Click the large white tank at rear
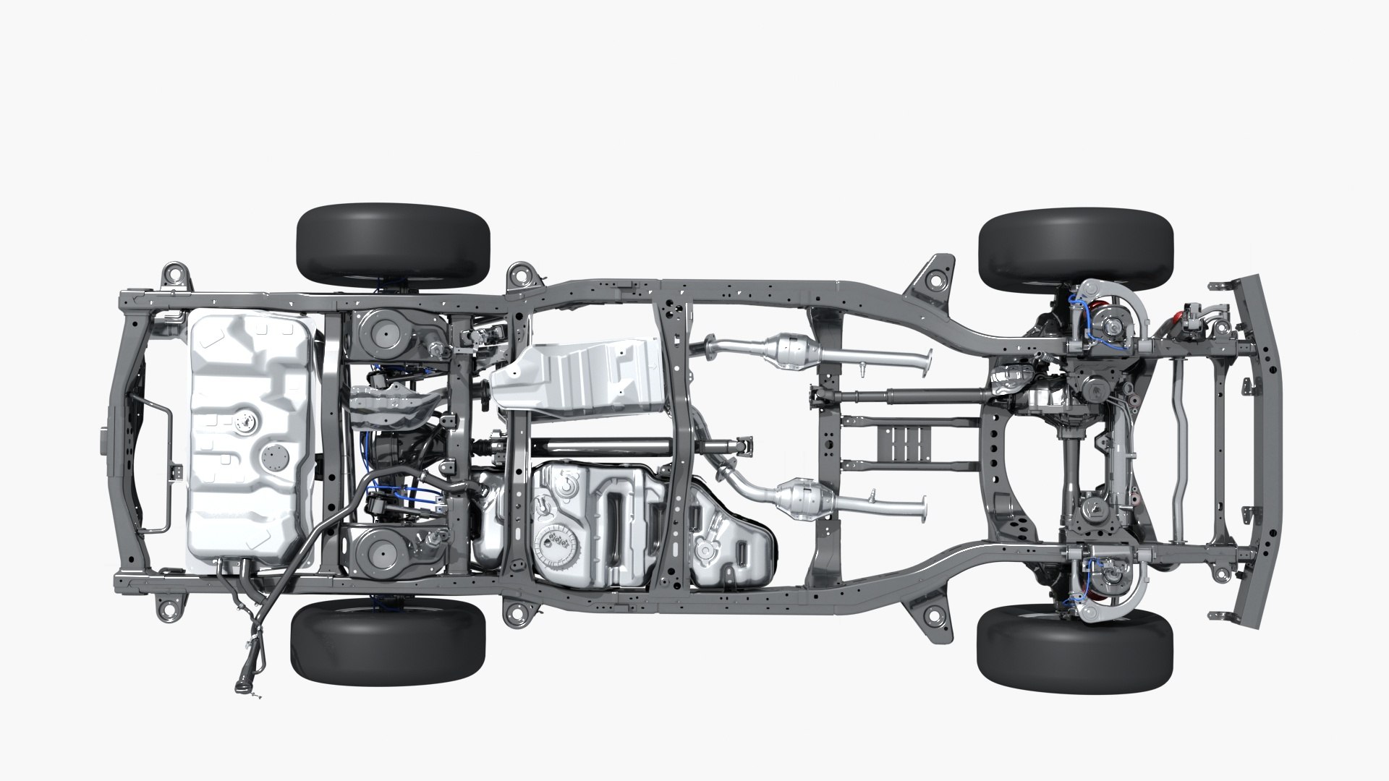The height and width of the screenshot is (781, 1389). click(250, 434)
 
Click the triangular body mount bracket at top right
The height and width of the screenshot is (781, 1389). click(935, 281)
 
